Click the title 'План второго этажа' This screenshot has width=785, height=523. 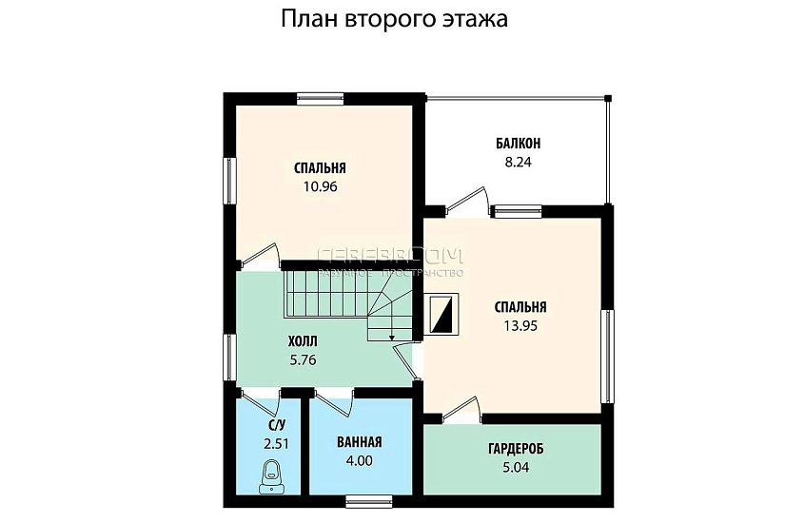coord(393,20)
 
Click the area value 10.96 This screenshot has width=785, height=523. coord(321,186)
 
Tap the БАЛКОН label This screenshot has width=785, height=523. coord(518,144)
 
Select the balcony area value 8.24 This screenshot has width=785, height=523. coord(518,162)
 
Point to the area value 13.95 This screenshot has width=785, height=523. coord(520,325)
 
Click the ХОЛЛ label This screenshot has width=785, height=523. coord(303,341)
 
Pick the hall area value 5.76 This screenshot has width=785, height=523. coord(302,359)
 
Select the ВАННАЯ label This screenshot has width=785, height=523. coord(360,442)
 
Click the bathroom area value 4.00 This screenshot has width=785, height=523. coord(360,461)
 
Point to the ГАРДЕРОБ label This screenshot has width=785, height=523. coord(515,449)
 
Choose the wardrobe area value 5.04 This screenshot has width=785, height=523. coord(515,467)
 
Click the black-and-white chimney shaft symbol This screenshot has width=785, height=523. coord(442,314)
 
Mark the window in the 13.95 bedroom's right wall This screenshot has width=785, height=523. coord(606,355)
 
